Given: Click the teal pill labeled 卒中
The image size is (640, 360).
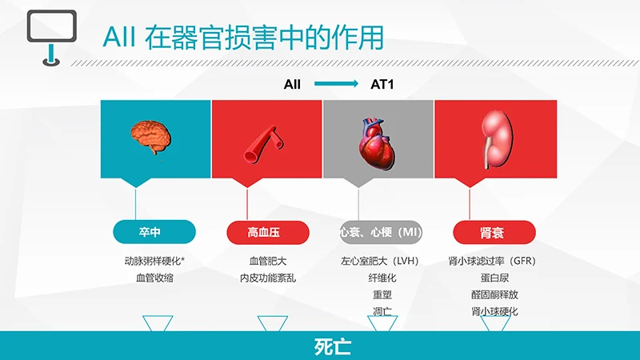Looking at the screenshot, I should click(x=154, y=232).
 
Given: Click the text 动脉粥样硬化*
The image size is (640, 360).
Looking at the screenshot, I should click(x=155, y=261).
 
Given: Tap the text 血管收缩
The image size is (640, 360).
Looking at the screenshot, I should click(x=155, y=278).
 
